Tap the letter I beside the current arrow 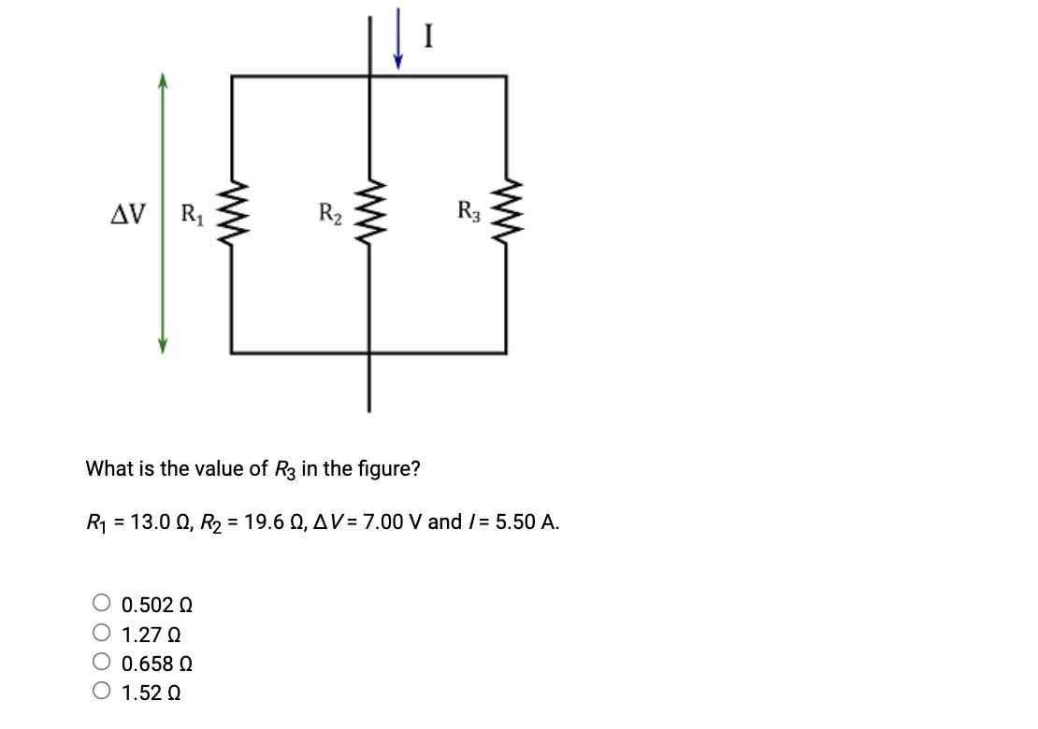tap(428, 36)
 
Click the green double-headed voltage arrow tap(162, 214)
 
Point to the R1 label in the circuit tap(191, 214)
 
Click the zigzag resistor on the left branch tap(231, 213)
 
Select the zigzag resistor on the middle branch tap(369, 213)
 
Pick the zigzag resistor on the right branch tap(507, 213)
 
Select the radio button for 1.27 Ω tap(102, 634)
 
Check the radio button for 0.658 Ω tap(102, 664)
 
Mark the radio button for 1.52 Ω tap(102, 693)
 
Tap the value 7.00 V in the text tap(392, 522)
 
